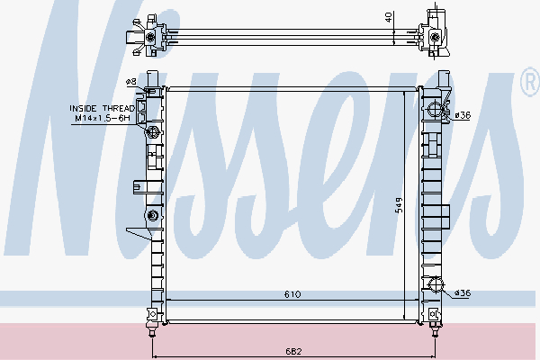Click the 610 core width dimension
pyautogui.click(x=292, y=294)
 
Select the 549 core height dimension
pyautogui.click(x=399, y=205)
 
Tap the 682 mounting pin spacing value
pyautogui.click(x=293, y=351)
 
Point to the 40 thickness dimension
pyautogui.click(x=389, y=17)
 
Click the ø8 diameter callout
pyautogui.click(x=130, y=82)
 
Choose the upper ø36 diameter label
pyautogui.click(x=463, y=115)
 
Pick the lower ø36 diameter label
pyautogui.click(x=463, y=293)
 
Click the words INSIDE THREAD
pyautogui.click(x=102, y=109)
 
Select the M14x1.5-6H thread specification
pyautogui.click(x=103, y=118)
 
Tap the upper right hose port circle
pyautogui.click(x=435, y=110)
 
